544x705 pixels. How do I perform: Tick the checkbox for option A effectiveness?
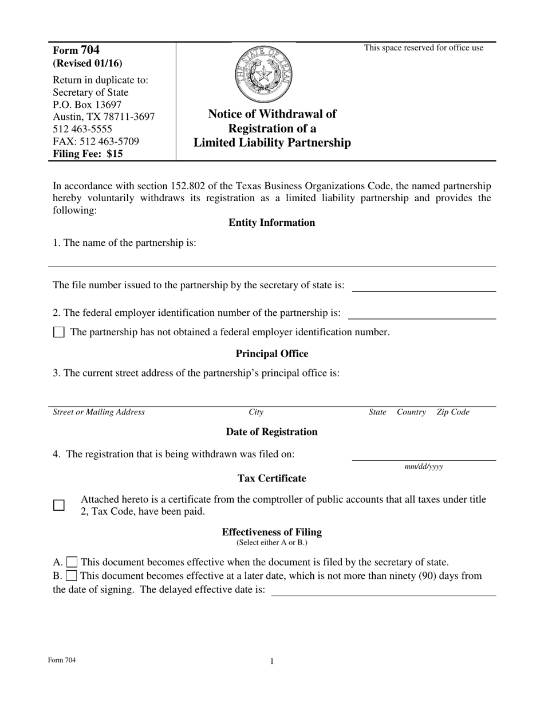[x=72, y=562]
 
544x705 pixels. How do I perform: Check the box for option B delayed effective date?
[x=72, y=575]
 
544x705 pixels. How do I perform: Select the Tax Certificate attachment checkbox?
[x=59, y=506]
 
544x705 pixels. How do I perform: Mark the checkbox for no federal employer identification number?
[x=59, y=332]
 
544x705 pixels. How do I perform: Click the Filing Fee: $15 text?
[x=88, y=154]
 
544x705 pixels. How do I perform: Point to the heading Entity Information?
[x=271, y=222]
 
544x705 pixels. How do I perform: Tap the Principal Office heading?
[x=271, y=354]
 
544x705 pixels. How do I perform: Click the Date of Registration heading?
[x=271, y=432]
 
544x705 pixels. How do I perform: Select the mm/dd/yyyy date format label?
[x=424, y=467]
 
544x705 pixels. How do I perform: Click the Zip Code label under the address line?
[x=452, y=412]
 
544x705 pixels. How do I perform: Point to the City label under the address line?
[x=256, y=412]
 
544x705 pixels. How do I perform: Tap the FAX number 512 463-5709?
[x=96, y=141]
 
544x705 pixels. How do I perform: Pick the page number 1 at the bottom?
[x=272, y=661]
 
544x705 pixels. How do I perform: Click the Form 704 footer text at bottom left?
[x=62, y=660]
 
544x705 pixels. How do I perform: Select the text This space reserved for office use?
[x=424, y=48]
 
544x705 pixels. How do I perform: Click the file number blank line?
[x=424, y=286]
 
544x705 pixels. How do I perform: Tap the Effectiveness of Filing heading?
[x=271, y=532]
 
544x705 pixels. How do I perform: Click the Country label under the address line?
[x=411, y=412]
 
